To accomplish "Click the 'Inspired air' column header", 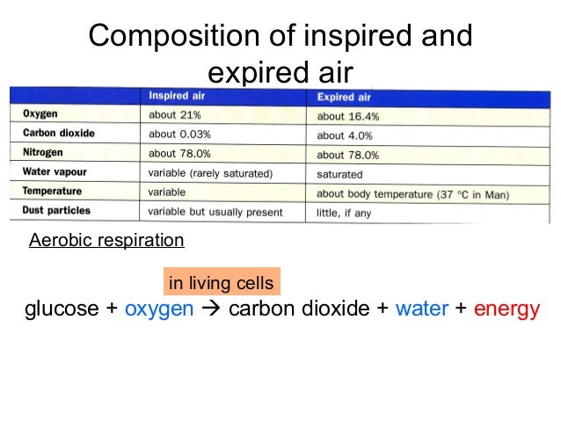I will click(x=177, y=96).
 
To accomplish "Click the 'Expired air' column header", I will click(x=344, y=97).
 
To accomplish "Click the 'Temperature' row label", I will click(x=52, y=192).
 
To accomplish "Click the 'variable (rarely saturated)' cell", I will click(x=210, y=173).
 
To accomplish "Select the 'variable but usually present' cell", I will click(x=215, y=212).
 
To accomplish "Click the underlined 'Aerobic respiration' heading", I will click(x=106, y=240).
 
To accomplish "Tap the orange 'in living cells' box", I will click(x=221, y=283).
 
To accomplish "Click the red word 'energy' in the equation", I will click(x=506, y=310).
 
